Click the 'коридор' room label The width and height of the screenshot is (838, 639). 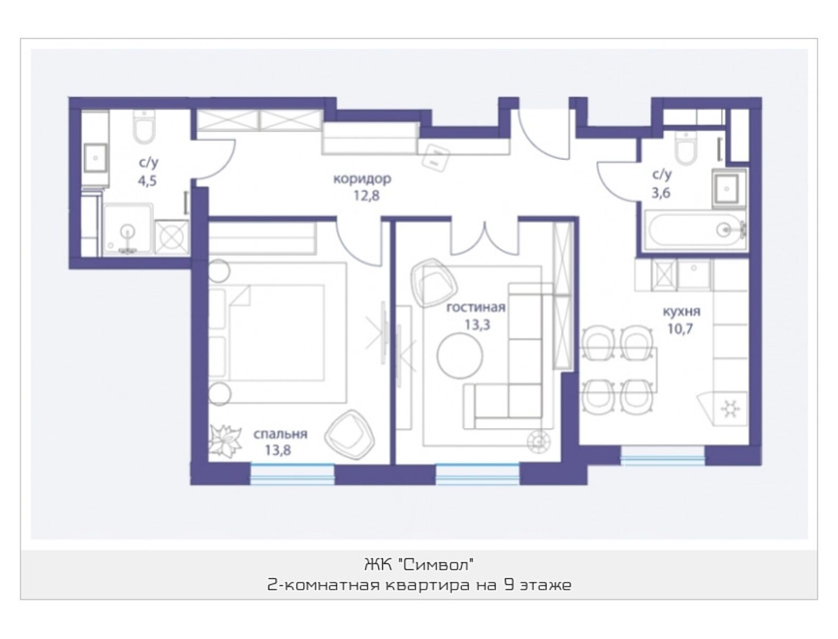(x=362, y=178)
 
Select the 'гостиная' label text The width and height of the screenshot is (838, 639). (x=476, y=307)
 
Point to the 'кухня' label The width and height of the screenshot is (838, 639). (x=682, y=312)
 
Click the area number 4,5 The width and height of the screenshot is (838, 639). (x=147, y=181)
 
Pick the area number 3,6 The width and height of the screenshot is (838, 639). (x=661, y=193)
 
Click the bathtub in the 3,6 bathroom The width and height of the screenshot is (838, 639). (x=695, y=231)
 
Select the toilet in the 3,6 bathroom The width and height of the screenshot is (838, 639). (x=686, y=149)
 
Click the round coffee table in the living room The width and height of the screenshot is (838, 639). (x=460, y=355)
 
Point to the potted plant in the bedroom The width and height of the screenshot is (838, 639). (x=226, y=441)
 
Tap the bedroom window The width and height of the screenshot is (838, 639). (x=293, y=474)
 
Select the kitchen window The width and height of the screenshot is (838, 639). (x=662, y=456)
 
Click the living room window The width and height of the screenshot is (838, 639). (x=478, y=474)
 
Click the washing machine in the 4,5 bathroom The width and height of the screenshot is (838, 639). (x=172, y=237)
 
